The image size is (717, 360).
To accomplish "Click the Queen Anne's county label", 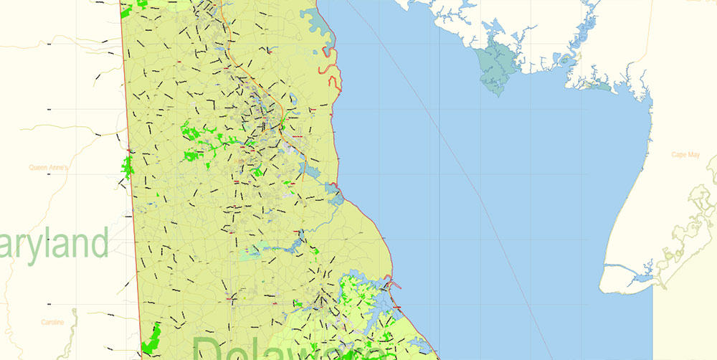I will [48, 168].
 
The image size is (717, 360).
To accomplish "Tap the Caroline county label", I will [52, 322].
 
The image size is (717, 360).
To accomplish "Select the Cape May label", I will [685, 154].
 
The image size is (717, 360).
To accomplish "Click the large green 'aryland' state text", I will [54, 245].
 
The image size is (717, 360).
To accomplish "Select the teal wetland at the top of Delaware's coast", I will [316, 22].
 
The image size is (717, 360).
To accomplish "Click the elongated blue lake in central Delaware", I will [287, 247].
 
